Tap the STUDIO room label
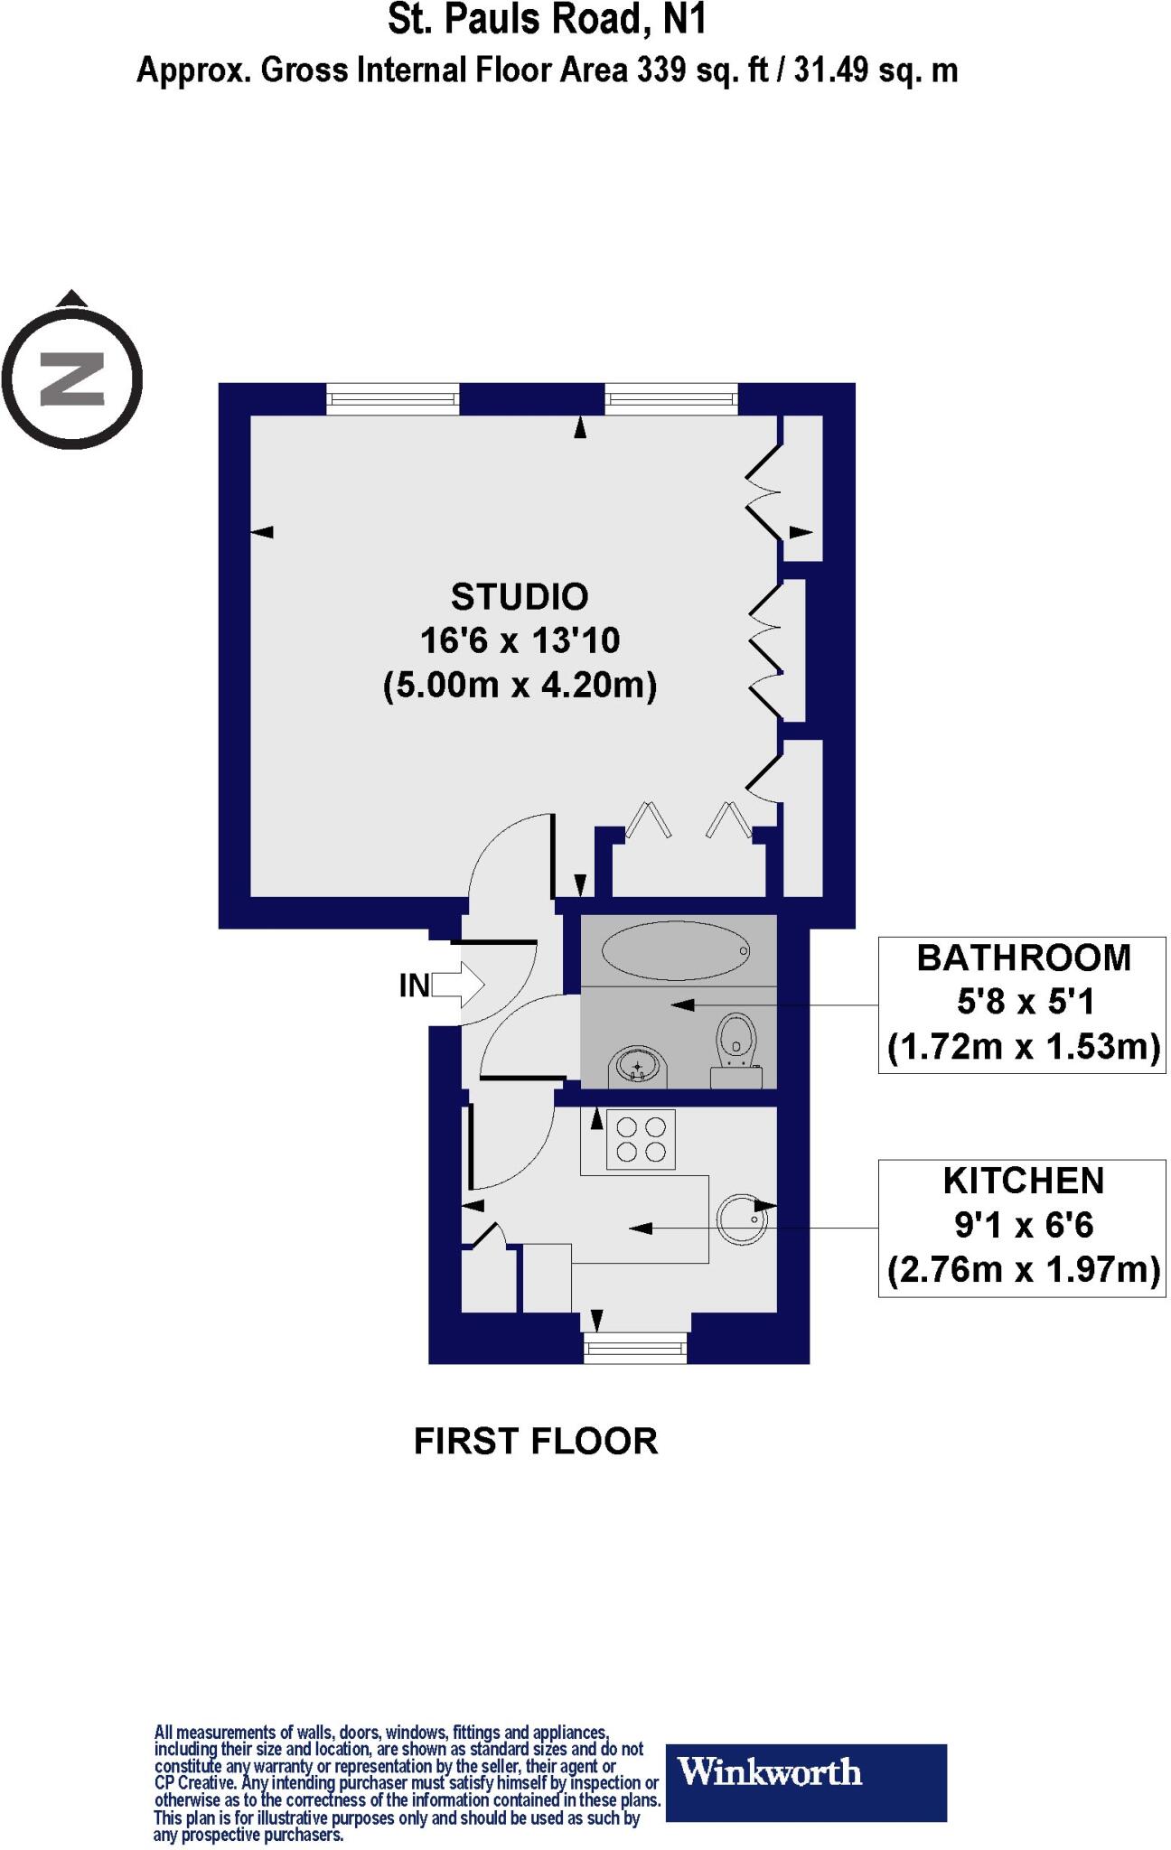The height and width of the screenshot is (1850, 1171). (x=520, y=597)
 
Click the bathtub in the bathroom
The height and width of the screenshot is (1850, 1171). (x=676, y=950)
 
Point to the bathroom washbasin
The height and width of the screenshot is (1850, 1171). (x=640, y=1066)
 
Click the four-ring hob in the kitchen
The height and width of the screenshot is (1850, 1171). (x=642, y=1139)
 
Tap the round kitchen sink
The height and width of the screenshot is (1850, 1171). (x=742, y=1219)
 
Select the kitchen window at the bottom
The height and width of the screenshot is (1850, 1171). (x=635, y=1349)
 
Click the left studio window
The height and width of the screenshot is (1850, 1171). (x=393, y=398)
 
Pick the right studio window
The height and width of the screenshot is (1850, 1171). (x=670, y=398)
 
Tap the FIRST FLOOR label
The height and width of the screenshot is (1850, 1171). (x=536, y=1442)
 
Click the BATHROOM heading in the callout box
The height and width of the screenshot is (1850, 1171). (x=1024, y=958)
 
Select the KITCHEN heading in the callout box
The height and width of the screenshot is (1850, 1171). (x=1024, y=1182)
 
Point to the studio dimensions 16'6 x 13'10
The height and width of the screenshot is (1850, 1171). (x=520, y=641)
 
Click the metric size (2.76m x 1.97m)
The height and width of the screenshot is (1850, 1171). (x=1024, y=1270)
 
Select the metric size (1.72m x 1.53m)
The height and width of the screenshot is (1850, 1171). (x=1024, y=1048)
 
